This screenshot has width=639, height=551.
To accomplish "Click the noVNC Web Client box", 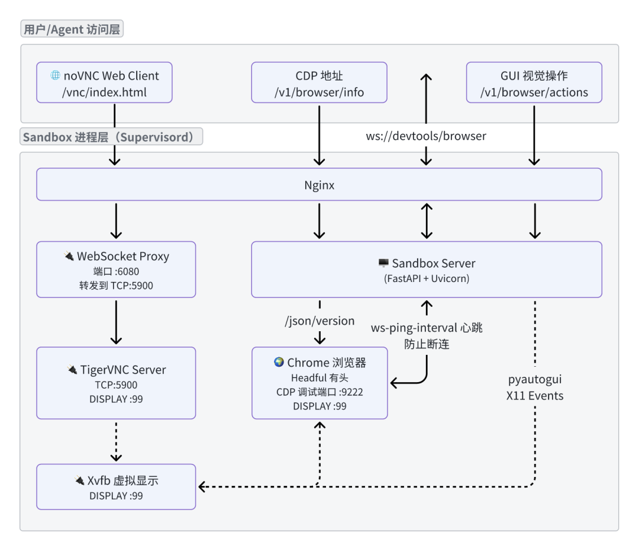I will pyautogui.click(x=104, y=83).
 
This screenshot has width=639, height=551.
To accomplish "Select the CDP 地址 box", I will pyautogui.click(x=319, y=83).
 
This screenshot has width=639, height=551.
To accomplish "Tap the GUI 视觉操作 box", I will pyautogui.click(x=534, y=83).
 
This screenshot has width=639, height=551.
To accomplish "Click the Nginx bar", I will pyautogui.click(x=319, y=184).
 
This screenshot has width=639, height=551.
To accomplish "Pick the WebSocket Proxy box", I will pyautogui.click(x=116, y=269).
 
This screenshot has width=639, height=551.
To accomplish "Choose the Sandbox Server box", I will pyautogui.click(x=427, y=269).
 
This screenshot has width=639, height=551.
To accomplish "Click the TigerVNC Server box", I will pyautogui.click(x=116, y=383).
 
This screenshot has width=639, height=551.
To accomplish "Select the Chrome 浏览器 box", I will pyautogui.click(x=319, y=383).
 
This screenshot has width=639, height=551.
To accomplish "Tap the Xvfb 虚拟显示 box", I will pyautogui.click(x=116, y=486).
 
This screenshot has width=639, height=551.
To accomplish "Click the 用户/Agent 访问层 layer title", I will pyautogui.click(x=72, y=29).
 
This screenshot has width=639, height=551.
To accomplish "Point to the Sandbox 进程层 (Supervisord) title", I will pyautogui.click(x=111, y=137).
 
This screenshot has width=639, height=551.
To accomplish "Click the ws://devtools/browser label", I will pyautogui.click(x=426, y=136).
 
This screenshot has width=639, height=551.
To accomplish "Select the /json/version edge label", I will pyautogui.click(x=319, y=321).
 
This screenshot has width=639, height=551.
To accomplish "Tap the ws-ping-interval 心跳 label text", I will pyautogui.click(x=427, y=328).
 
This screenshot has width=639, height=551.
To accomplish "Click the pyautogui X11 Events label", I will pyautogui.click(x=535, y=387).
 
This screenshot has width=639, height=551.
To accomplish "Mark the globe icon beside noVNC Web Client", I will pyautogui.click(x=56, y=75).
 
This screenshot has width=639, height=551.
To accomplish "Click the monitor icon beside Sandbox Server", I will pyautogui.click(x=383, y=263).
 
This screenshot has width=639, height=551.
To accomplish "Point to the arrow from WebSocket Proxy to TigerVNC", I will pyautogui.click(x=116, y=321).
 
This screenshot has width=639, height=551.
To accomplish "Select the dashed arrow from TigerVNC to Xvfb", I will pyautogui.click(x=116, y=441).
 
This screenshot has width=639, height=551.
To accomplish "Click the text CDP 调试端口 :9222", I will pyautogui.click(x=319, y=392).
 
